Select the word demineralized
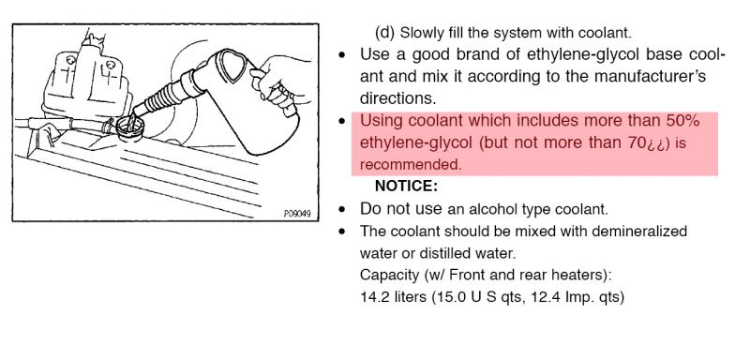click(639, 232)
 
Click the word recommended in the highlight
click(411, 165)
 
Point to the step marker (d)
click(385, 33)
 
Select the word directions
click(397, 98)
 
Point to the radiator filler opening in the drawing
click(129, 127)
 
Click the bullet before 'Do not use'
click(341, 209)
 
